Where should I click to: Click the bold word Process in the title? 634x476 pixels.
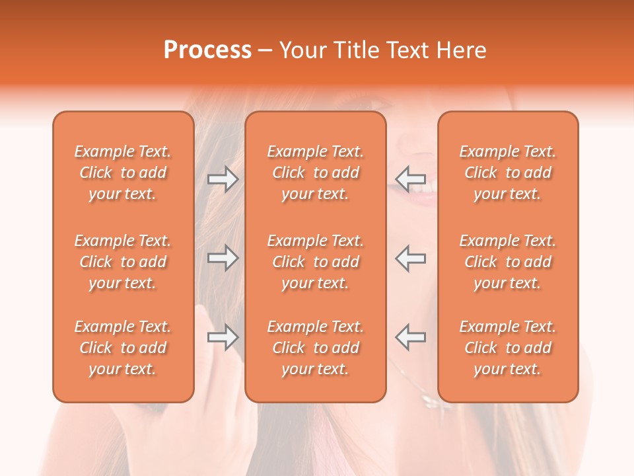pos(207,50)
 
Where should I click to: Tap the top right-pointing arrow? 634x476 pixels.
pos(223,179)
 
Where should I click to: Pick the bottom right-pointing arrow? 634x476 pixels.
pos(223,337)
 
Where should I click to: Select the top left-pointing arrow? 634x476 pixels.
pos(411,179)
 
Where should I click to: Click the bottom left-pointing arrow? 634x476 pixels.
pos(411,337)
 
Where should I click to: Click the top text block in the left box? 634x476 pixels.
pos(123,173)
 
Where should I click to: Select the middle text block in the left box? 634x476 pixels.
pos(123,262)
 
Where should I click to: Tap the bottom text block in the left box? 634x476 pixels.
pos(123,348)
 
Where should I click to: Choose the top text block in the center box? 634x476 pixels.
pos(316,173)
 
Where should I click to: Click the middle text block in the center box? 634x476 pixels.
pos(316,262)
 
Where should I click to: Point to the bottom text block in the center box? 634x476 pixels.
pos(316,348)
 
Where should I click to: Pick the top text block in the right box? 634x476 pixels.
pos(508,173)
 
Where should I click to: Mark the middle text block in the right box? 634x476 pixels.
pos(508,262)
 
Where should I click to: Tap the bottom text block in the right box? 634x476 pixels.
pos(508,348)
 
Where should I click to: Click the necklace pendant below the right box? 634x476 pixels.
pos(429,400)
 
